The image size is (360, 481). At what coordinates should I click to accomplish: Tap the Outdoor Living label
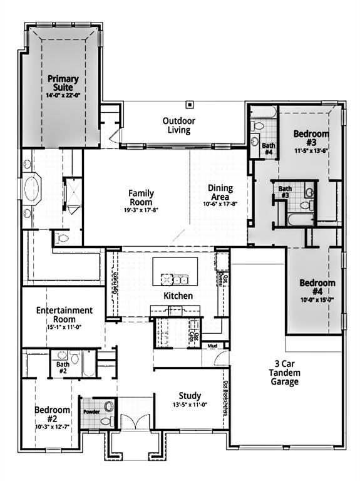point(179,125)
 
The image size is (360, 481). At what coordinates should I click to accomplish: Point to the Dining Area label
point(220,192)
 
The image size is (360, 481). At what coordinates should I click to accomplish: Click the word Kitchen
point(178,296)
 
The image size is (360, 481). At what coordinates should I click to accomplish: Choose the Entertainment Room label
point(64,314)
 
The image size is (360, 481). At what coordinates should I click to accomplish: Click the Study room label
point(190,396)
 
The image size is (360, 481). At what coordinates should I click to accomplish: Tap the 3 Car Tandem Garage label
point(285,373)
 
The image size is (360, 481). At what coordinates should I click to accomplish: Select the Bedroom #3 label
point(311,138)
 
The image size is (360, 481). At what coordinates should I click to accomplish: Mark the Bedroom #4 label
point(317,287)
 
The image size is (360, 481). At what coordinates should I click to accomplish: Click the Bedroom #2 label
point(52,414)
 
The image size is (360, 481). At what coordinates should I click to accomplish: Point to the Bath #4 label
point(269,148)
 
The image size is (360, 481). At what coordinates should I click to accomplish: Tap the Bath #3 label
point(285,192)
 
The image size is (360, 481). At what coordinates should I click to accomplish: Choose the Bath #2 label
point(63,368)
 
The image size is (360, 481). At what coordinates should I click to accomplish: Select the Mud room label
point(212,346)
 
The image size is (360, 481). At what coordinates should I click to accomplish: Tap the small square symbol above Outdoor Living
point(190,104)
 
